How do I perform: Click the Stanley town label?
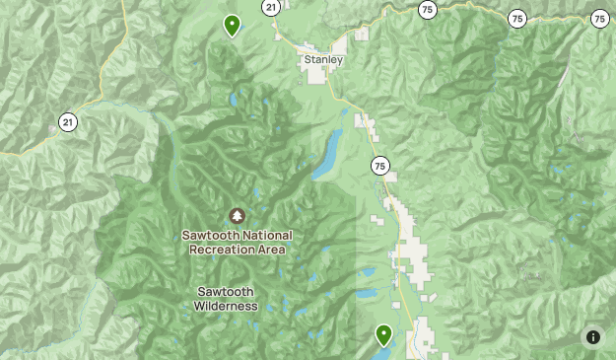[x=323, y=60]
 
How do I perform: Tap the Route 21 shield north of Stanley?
[x=270, y=7]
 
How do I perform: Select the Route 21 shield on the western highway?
[x=67, y=121]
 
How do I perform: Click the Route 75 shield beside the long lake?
[x=380, y=165]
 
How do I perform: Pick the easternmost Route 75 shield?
[x=600, y=18]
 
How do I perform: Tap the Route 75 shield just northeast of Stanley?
[x=426, y=9]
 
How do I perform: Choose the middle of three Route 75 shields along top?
[x=516, y=18]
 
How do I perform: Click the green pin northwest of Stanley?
[x=232, y=25]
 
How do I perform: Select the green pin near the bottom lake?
[x=383, y=335]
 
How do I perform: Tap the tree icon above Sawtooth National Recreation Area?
[x=237, y=215]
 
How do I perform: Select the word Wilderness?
[x=226, y=306]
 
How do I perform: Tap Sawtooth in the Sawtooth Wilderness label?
[x=226, y=292]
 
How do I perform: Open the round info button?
[x=592, y=336]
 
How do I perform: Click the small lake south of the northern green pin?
[x=233, y=100]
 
